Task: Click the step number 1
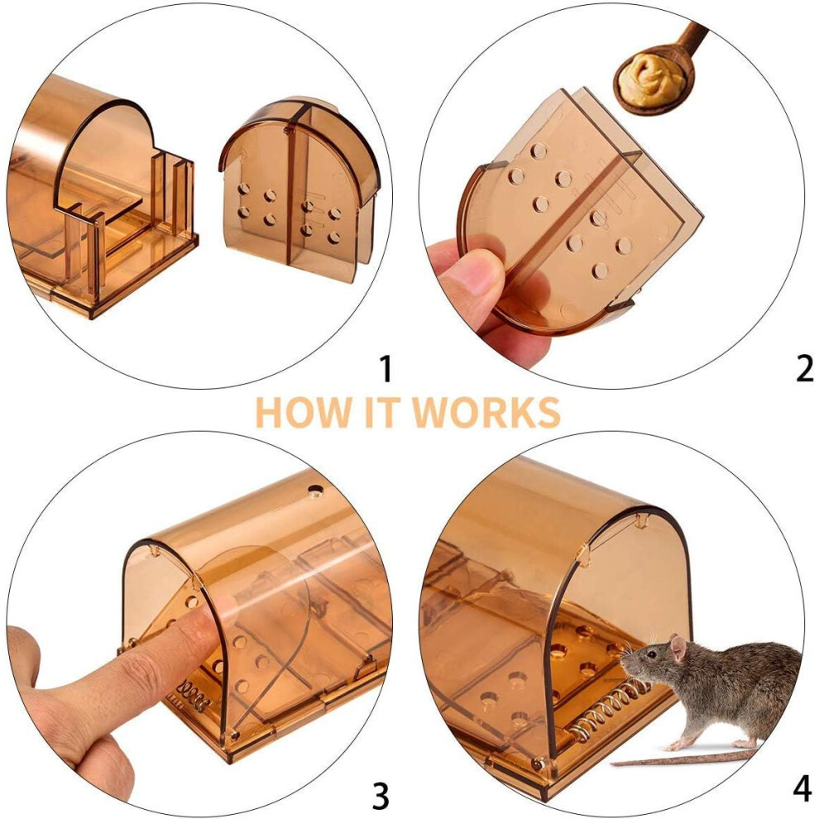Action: [386, 368]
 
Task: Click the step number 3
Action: [381, 797]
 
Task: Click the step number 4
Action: [802, 789]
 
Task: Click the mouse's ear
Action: [678, 648]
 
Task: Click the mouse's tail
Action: [684, 758]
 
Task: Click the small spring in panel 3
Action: [191, 695]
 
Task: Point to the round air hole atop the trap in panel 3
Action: [315, 491]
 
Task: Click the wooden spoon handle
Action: [693, 39]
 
